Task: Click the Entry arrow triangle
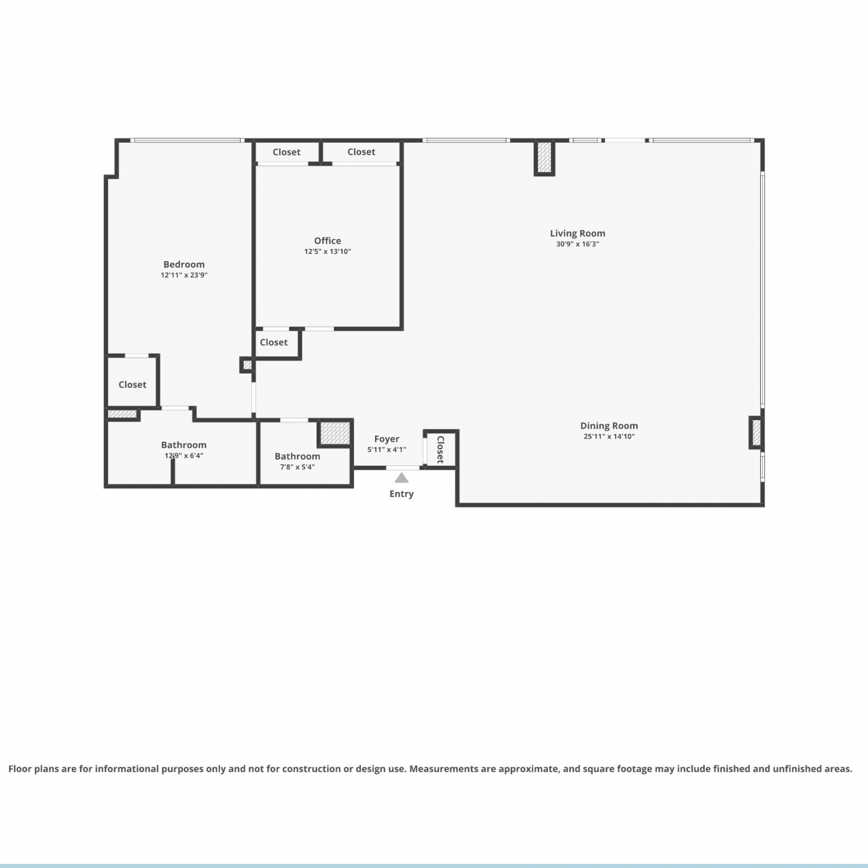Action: pyautogui.click(x=402, y=477)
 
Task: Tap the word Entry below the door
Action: pyautogui.click(x=402, y=494)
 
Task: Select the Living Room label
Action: pyautogui.click(x=578, y=233)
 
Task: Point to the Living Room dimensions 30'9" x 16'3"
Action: pyautogui.click(x=578, y=244)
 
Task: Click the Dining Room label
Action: pyautogui.click(x=609, y=426)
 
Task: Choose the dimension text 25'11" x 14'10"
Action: pyautogui.click(x=609, y=437)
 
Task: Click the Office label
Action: pyautogui.click(x=328, y=241)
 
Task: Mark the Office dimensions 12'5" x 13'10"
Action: pyautogui.click(x=328, y=252)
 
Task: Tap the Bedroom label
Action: pyautogui.click(x=184, y=264)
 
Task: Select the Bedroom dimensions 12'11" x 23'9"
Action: pyautogui.click(x=184, y=275)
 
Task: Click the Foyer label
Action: pyautogui.click(x=387, y=439)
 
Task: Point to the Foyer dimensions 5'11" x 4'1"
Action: pyautogui.click(x=387, y=450)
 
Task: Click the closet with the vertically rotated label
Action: pyautogui.click(x=441, y=449)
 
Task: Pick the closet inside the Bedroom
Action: pyautogui.click(x=133, y=382)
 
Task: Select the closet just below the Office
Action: pyautogui.click(x=278, y=344)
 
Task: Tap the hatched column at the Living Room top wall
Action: pyautogui.click(x=545, y=157)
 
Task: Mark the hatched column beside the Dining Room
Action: pyautogui.click(x=756, y=432)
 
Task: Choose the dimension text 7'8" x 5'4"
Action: pyautogui.click(x=297, y=468)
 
